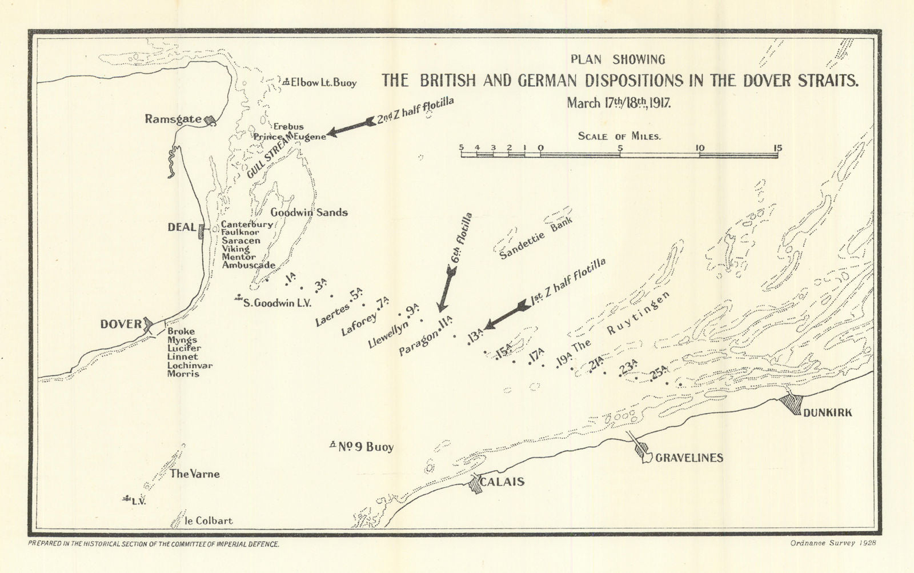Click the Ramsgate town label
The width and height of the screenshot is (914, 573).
(x=173, y=119)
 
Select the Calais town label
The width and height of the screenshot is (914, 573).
(x=502, y=482)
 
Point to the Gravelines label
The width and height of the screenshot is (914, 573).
(x=689, y=458)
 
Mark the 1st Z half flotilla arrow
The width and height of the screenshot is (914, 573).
(x=506, y=316)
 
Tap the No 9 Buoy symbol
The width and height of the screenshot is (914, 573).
(x=333, y=444)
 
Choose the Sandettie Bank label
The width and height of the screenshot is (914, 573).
(x=535, y=238)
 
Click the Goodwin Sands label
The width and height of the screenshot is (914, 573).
(x=309, y=213)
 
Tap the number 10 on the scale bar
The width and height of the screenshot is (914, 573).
(x=700, y=148)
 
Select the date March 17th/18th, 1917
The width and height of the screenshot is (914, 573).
(x=618, y=103)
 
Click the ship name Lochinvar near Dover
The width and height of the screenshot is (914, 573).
(x=190, y=365)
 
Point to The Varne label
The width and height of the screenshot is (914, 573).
(x=194, y=474)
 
